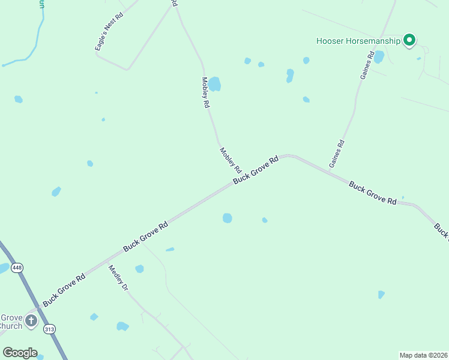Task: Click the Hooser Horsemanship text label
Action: (x=358, y=41)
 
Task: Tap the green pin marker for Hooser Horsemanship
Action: (x=410, y=40)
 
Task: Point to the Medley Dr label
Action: (x=118, y=278)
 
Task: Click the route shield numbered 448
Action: (x=17, y=268)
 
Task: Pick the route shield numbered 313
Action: (x=49, y=328)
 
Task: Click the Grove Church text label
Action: (x=11, y=322)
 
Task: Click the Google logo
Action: (x=20, y=353)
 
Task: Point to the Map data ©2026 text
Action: (x=423, y=355)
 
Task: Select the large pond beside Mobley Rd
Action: (x=214, y=84)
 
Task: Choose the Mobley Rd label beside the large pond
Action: (x=205, y=92)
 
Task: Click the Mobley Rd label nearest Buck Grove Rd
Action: (x=230, y=160)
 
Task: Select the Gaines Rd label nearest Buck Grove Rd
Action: (x=337, y=154)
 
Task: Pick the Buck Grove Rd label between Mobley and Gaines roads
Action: (x=256, y=170)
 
